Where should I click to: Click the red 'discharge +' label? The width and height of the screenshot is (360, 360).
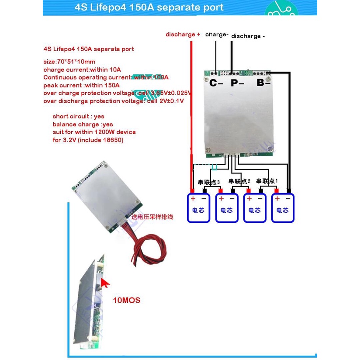point(183,34)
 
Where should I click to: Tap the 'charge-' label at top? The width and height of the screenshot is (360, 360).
point(217,34)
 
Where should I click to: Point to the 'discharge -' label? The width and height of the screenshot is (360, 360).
point(248,36)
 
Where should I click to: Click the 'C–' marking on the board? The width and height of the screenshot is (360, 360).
point(216,83)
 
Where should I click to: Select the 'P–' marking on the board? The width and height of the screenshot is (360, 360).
point(237,83)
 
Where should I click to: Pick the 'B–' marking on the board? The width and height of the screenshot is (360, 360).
point(263,82)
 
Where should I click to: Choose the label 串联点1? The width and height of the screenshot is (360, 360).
point(267,180)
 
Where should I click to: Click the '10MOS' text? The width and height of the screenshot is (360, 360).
point(126,301)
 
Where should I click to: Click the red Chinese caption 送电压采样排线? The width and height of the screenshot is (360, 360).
point(153,216)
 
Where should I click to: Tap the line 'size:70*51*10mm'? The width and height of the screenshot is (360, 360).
point(69,62)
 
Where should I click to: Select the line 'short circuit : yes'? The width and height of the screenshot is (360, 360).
point(79,116)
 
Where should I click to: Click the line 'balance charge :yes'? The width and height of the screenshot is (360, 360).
point(83,124)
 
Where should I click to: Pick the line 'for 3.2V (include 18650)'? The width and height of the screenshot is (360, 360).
point(88,140)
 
